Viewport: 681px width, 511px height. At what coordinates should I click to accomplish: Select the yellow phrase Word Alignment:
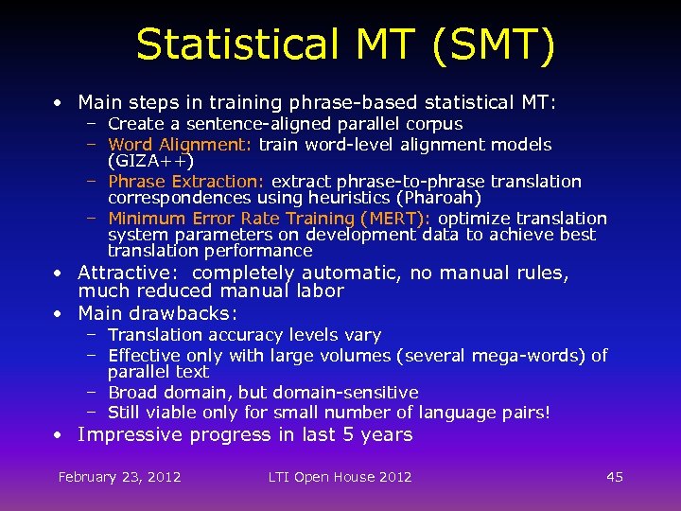click(x=180, y=145)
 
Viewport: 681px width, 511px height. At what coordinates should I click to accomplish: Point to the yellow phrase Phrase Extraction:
click(x=187, y=182)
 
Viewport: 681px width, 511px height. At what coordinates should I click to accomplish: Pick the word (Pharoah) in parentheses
click(x=439, y=199)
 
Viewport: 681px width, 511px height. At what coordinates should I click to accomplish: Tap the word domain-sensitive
click(x=344, y=393)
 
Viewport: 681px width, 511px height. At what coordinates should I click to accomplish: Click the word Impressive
click(x=131, y=435)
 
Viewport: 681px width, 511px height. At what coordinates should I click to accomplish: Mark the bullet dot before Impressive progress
click(x=59, y=435)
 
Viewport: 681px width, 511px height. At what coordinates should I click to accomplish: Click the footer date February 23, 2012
click(x=120, y=477)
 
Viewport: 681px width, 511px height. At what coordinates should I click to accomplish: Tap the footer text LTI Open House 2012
click(x=340, y=477)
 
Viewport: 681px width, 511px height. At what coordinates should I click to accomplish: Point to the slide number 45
click(x=615, y=477)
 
